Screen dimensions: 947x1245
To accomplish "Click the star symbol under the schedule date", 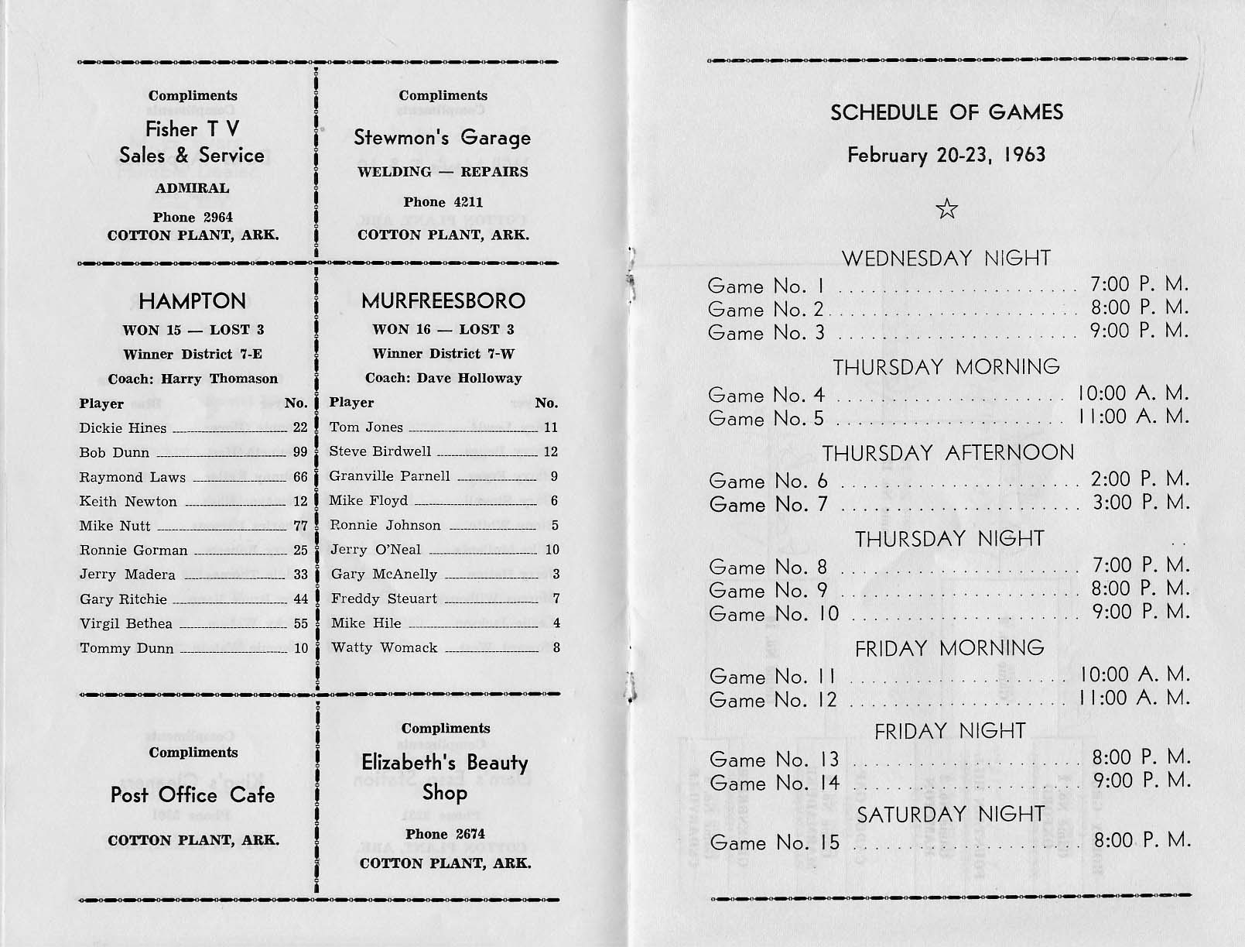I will tap(946, 209).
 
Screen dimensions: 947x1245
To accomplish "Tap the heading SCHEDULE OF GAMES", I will tap(946, 113).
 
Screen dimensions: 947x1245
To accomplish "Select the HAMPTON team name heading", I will tap(193, 301).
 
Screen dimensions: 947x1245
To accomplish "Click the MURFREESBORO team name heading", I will tap(443, 300).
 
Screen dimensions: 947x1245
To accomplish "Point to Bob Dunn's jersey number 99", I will tap(300, 452).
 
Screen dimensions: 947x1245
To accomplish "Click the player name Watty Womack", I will tap(384, 647).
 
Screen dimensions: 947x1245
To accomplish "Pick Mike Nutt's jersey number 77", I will tap(300, 526).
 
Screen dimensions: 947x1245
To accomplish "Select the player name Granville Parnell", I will tap(389, 475).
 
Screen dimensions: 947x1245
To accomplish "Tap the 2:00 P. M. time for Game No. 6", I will tap(1140, 479).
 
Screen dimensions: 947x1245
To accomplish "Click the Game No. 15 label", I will tap(774, 842).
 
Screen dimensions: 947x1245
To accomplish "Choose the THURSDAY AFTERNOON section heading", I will tap(948, 453).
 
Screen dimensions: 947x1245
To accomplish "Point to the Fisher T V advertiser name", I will tap(193, 129).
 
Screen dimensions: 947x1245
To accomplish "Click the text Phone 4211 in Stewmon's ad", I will tap(443, 202).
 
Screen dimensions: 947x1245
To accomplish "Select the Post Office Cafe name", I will tap(193, 795).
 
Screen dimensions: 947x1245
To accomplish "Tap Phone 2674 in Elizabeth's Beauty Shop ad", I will tap(445, 834).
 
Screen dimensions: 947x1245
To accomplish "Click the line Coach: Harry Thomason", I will tap(193, 379).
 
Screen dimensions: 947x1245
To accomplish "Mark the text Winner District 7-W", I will tap(443, 354).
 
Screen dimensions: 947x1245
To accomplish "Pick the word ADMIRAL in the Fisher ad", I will tap(193, 188).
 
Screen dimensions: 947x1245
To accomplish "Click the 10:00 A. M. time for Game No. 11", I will tap(1134, 675).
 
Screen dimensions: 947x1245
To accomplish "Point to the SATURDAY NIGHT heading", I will tap(951, 815).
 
